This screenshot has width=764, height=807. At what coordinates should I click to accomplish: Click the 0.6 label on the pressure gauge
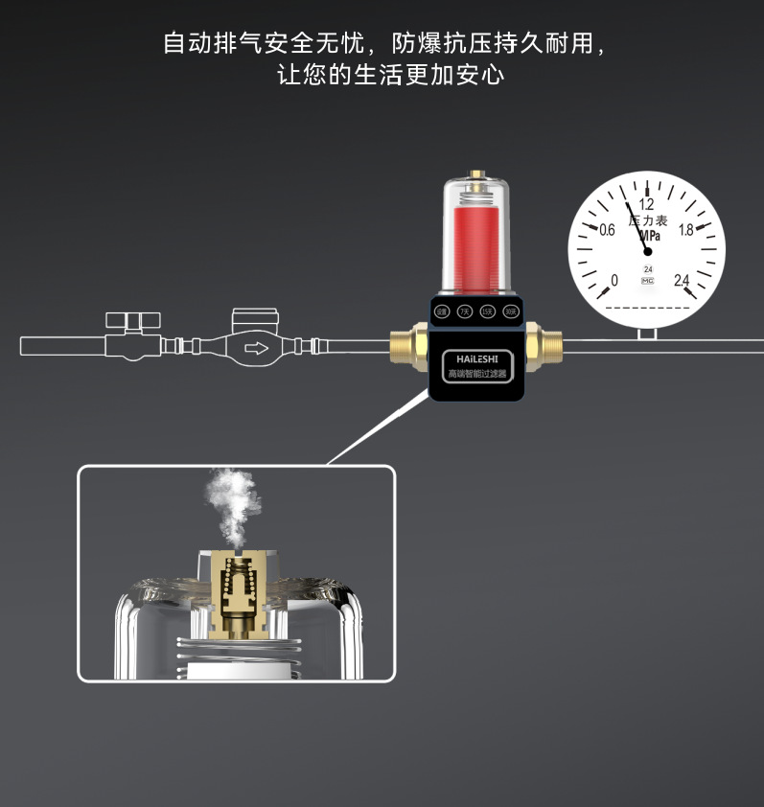coord(607,230)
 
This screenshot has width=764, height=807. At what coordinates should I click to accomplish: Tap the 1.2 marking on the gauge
coord(646,204)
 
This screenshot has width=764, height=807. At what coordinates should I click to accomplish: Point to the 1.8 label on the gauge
coord(685,230)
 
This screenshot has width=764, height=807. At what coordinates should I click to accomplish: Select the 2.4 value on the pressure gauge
coord(682,280)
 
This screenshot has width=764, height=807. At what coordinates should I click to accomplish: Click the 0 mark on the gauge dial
coord(614,280)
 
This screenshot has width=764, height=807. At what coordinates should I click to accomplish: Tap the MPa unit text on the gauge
coord(649,236)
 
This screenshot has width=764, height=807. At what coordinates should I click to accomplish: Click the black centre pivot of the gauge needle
coord(647,251)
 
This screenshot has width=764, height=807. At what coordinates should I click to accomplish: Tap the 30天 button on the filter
coord(511,311)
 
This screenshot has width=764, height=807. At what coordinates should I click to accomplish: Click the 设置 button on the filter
coord(442,311)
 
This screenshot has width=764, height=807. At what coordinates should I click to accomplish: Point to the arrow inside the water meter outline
coord(257,347)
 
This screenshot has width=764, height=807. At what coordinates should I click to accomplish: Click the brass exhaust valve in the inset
coord(236,589)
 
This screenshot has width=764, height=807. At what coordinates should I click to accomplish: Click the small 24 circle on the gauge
coord(648,269)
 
